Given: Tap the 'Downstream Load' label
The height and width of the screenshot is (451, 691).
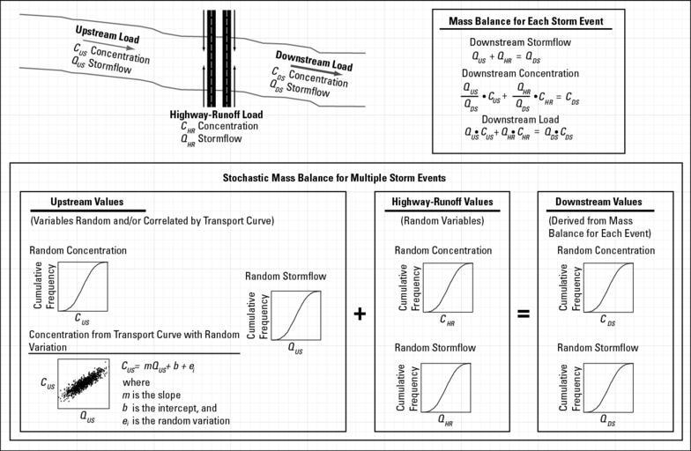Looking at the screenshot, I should [314, 60].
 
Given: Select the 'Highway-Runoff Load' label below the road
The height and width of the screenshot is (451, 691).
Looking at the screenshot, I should [216, 115].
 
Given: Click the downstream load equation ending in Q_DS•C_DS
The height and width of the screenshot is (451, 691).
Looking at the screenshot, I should [518, 134].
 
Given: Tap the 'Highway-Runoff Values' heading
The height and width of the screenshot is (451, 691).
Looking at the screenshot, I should [441, 202].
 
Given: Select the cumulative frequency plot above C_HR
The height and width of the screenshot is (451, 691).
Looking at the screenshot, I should [446, 286].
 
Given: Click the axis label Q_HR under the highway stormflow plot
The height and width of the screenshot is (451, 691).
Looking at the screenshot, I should [445, 420].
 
